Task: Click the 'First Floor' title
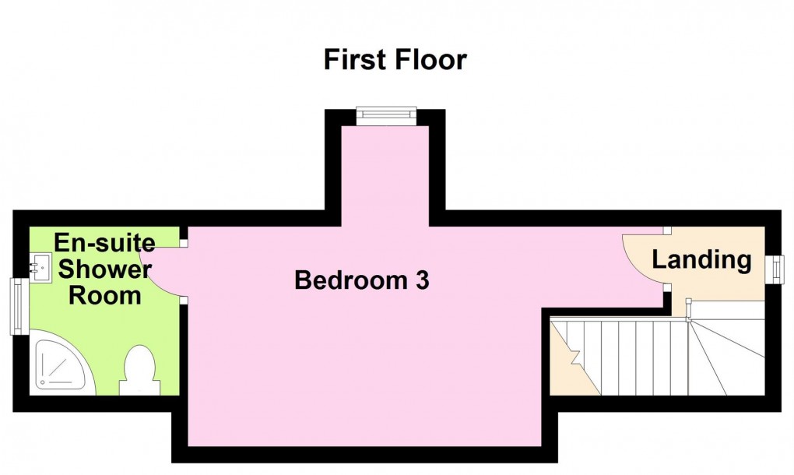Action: click(395, 59)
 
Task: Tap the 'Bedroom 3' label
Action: click(362, 280)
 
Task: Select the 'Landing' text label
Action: click(701, 259)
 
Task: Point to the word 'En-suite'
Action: click(104, 243)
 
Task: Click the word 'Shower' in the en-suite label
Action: click(105, 269)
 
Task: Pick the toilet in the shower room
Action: click(139, 372)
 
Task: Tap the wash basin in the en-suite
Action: click(37, 267)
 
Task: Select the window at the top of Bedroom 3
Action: click(386, 115)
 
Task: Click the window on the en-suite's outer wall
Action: click(16, 307)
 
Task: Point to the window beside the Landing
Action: click(776, 269)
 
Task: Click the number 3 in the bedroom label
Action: click(422, 280)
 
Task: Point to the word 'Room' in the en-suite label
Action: click(105, 296)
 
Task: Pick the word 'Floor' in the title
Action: click(432, 59)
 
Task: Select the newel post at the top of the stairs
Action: click(688, 317)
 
